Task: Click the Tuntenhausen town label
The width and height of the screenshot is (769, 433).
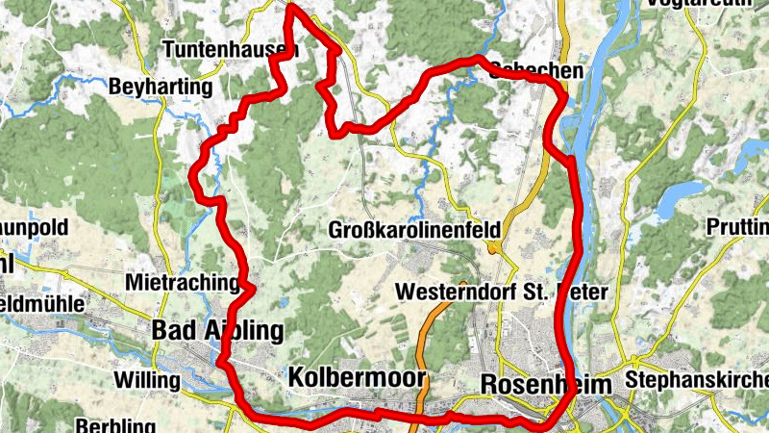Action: [x=225, y=48]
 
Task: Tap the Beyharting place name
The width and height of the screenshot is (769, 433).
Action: [x=161, y=87]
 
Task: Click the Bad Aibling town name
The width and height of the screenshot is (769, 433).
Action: [x=218, y=331]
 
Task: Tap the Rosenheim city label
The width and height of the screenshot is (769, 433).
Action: [x=544, y=383]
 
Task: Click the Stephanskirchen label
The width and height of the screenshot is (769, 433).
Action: [x=697, y=381]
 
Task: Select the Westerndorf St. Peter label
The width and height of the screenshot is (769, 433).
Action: [x=501, y=292]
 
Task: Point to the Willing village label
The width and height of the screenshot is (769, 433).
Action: [x=146, y=380]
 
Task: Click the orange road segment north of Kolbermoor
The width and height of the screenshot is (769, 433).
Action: [x=434, y=327]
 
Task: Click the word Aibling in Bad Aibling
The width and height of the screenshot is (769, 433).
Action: [x=244, y=331]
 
